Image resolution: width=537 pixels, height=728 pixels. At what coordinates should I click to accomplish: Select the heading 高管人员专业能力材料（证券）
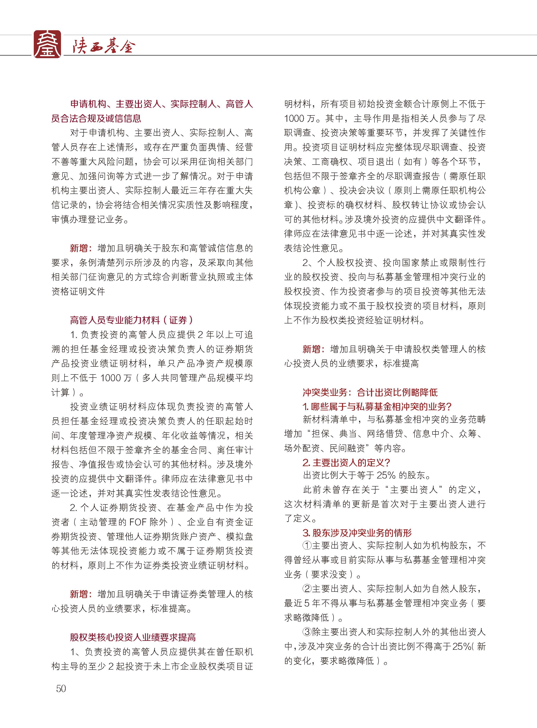(x=132, y=320)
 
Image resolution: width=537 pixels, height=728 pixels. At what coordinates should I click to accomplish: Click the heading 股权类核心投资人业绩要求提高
(x=133, y=637)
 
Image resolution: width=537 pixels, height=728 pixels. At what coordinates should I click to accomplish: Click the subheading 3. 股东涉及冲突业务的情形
(x=357, y=533)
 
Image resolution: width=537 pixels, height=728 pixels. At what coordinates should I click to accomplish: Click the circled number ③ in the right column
(x=307, y=632)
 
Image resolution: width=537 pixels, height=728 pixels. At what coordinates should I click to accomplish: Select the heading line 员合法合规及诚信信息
(x=96, y=118)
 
